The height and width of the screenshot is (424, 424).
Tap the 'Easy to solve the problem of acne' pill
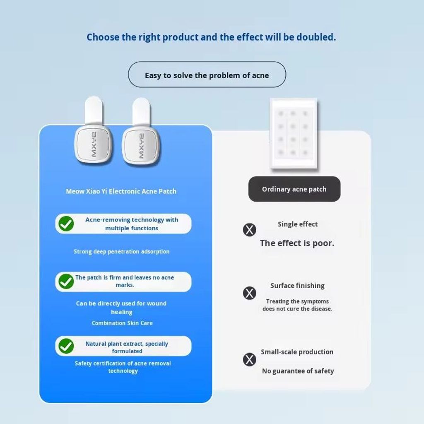pos(207,75)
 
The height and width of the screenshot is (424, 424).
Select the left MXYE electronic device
pos(93,131)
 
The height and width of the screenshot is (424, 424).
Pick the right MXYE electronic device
pos(141,131)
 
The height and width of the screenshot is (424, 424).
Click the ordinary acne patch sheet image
pos(294,134)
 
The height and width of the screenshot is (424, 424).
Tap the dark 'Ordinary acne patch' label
pos(294,189)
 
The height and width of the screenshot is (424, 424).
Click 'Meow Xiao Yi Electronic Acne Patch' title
pos(121,191)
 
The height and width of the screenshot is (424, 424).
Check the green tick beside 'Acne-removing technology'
pos(66,224)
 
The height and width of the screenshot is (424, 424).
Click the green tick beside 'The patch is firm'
pos(66,281)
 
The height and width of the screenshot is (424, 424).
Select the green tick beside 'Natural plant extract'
pos(66,346)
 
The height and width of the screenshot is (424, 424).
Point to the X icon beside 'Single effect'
pos(249,230)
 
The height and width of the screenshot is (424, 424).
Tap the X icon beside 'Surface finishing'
pos(249,293)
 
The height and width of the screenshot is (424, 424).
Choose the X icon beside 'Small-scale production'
pos(249,359)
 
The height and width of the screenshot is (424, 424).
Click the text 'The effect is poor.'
pos(297,243)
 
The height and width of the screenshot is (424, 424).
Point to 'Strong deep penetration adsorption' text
pos(122,252)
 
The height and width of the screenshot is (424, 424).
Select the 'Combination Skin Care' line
pos(122,323)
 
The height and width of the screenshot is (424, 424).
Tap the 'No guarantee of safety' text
pos(298,371)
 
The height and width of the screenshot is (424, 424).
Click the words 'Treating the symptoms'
pos(297,301)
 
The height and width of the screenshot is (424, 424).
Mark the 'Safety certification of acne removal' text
pos(123,363)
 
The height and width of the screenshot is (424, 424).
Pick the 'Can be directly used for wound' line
pos(121,304)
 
